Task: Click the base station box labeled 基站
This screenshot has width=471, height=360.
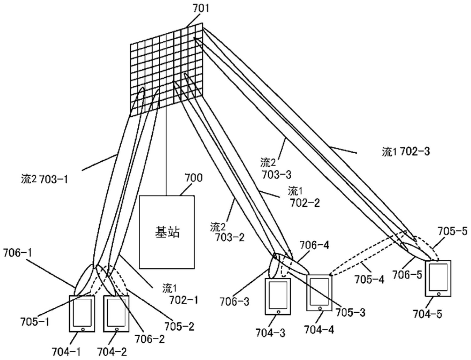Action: (x=167, y=232)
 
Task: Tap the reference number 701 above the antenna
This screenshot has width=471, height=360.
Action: (x=201, y=9)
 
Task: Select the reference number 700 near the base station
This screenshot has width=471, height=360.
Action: (x=194, y=178)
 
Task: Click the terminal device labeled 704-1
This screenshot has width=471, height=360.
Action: (x=82, y=314)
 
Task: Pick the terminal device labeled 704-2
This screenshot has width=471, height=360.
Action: (x=116, y=314)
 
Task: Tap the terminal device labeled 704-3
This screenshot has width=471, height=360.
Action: (x=278, y=297)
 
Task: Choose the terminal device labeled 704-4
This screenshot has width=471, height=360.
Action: (x=319, y=293)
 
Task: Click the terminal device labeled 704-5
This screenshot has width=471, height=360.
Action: (x=438, y=278)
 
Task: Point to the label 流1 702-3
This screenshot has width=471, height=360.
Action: (x=406, y=152)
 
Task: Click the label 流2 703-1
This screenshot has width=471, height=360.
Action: (x=44, y=179)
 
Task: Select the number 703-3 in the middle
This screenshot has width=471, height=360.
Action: (x=277, y=175)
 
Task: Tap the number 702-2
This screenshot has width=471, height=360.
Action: (x=305, y=203)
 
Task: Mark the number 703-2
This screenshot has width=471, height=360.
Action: (x=230, y=237)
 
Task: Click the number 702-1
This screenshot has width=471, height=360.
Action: (x=184, y=300)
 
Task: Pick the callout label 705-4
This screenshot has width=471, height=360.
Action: (x=370, y=280)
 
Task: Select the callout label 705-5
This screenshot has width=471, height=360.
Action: (x=452, y=231)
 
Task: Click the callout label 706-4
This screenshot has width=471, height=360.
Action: (x=314, y=245)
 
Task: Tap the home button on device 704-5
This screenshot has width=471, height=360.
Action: (x=439, y=294)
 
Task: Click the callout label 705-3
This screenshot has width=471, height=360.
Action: (x=351, y=312)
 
